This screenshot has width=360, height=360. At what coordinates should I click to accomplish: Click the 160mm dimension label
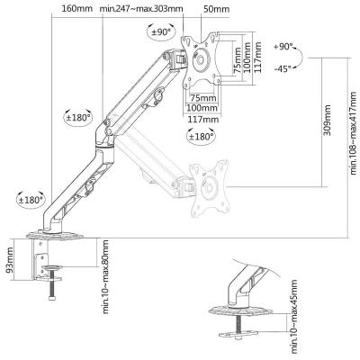click(76, 8)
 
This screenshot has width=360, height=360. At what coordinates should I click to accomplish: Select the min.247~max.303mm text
click(141, 8)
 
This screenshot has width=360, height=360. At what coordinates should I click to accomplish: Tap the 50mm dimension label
click(216, 9)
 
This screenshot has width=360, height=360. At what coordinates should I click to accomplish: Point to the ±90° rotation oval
click(161, 31)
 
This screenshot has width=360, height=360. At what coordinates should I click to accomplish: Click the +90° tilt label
click(283, 47)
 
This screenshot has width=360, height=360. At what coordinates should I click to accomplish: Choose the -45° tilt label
click(283, 68)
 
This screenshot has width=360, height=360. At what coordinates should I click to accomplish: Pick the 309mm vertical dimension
click(327, 120)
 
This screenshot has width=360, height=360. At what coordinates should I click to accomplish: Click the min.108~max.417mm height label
click(354, 133)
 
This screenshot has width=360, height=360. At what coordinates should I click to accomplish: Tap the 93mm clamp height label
click(10, 260)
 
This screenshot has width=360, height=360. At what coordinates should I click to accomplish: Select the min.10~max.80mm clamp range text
click(105, 276)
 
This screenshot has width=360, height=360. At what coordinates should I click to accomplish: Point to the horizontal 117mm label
click(203, 120)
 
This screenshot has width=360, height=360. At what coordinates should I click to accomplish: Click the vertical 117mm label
click(257, 57)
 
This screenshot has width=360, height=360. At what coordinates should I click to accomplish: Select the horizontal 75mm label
click(203, 98)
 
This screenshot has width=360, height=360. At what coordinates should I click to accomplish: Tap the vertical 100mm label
click(247, 58)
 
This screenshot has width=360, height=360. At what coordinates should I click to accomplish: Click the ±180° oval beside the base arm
click(31, 199)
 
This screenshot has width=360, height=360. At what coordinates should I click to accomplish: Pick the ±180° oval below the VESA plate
click(201, 136)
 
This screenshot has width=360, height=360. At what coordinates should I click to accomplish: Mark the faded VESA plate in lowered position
click(210, 189)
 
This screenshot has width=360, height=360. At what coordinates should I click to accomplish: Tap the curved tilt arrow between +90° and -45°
click(301, 57)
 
